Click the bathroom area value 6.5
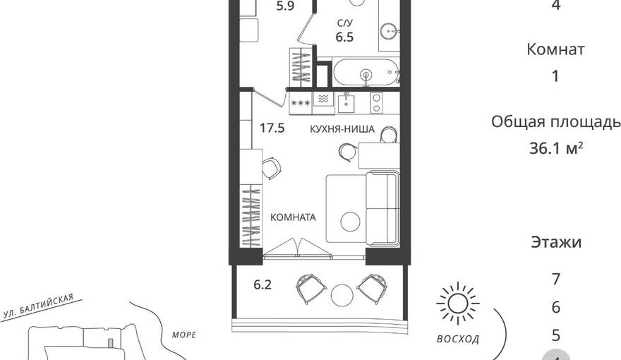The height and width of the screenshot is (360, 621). coord(344,37)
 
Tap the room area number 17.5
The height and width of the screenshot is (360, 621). coord(272,128)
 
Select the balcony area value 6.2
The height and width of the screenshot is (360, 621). coord(263,284)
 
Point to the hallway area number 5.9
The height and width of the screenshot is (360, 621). coord(285,6)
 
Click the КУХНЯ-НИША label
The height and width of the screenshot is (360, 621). coord(342,129)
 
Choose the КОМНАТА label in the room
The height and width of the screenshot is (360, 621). coord(293,217)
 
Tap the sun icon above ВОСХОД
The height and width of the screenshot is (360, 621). coord(458,304)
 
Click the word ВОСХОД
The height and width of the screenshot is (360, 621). coord(458,339)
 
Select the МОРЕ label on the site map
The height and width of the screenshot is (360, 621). coord(184,335)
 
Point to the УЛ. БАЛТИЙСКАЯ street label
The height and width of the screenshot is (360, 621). coord(38,306)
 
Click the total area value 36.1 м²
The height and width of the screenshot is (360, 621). coord(556,148)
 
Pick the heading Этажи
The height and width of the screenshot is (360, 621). coord(556,242)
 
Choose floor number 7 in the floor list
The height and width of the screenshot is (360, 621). coord(556,280)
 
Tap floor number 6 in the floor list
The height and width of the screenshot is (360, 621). coord(556,307)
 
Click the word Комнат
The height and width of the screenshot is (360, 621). coord(555,49)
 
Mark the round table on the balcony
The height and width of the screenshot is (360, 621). coord(342,295)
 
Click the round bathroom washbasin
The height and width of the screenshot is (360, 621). coord(389,30)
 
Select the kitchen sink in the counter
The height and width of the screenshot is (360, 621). coord(346,103)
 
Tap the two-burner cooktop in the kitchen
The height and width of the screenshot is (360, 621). coord(376,102)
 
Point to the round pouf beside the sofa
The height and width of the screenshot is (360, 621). coord(350,222)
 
